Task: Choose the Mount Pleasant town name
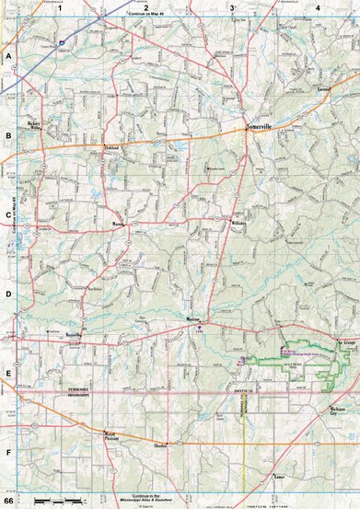click(110, 433)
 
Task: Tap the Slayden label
click(160, 445)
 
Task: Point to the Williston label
click(238, 224)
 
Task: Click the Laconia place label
click(322, 89)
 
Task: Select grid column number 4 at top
click(317, 8)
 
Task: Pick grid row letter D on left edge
click(8, 295)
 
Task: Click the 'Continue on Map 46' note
click(144, 15)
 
